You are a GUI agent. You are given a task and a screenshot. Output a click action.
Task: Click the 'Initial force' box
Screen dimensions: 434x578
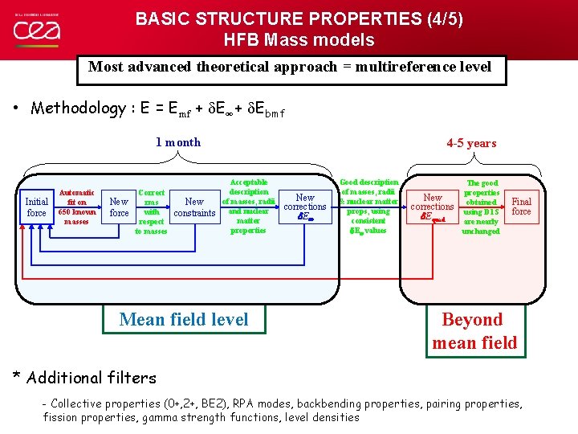(37, 207)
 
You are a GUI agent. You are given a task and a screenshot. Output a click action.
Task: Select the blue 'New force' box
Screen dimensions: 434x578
(119, 207)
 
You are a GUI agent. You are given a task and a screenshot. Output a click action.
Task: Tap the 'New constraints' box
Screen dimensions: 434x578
(194, 207)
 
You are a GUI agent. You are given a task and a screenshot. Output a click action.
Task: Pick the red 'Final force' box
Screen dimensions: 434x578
(521, 207)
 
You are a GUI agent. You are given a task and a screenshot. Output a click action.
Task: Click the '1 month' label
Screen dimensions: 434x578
(178, 142)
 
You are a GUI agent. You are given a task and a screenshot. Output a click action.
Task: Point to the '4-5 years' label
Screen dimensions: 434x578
(471, 143)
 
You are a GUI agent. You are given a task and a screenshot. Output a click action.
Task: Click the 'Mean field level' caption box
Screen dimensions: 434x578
(184, 319)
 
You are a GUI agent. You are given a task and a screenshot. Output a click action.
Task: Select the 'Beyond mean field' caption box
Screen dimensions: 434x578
(474, 331)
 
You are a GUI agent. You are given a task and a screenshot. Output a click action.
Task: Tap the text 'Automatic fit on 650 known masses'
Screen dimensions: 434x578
(76, 207)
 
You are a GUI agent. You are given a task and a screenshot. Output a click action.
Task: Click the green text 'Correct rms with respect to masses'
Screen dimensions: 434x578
(151, 212)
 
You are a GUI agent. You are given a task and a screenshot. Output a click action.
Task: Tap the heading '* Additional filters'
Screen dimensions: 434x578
(84, 377)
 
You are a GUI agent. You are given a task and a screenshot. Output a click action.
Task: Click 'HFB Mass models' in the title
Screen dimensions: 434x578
(299, 39)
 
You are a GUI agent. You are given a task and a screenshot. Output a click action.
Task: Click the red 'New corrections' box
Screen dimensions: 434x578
(433, 207)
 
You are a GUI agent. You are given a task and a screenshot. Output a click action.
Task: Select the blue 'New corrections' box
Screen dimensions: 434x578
(305, 207)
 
